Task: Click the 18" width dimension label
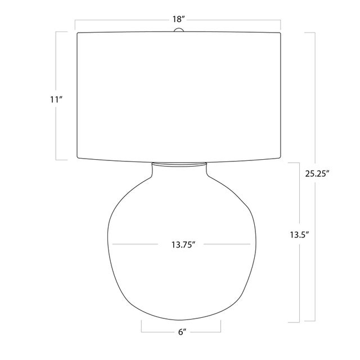coord(179,20)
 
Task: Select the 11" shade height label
coord(56,100)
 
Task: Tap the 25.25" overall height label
coord(317,174)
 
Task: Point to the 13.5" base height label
coord(299,235)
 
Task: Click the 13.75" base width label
coord(183,245)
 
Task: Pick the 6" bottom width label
coord(182,332)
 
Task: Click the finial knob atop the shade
coord(179,30)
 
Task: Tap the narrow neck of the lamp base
coord(179,169)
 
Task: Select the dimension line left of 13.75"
coord(135,244)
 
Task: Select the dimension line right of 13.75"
coord(227,244)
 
